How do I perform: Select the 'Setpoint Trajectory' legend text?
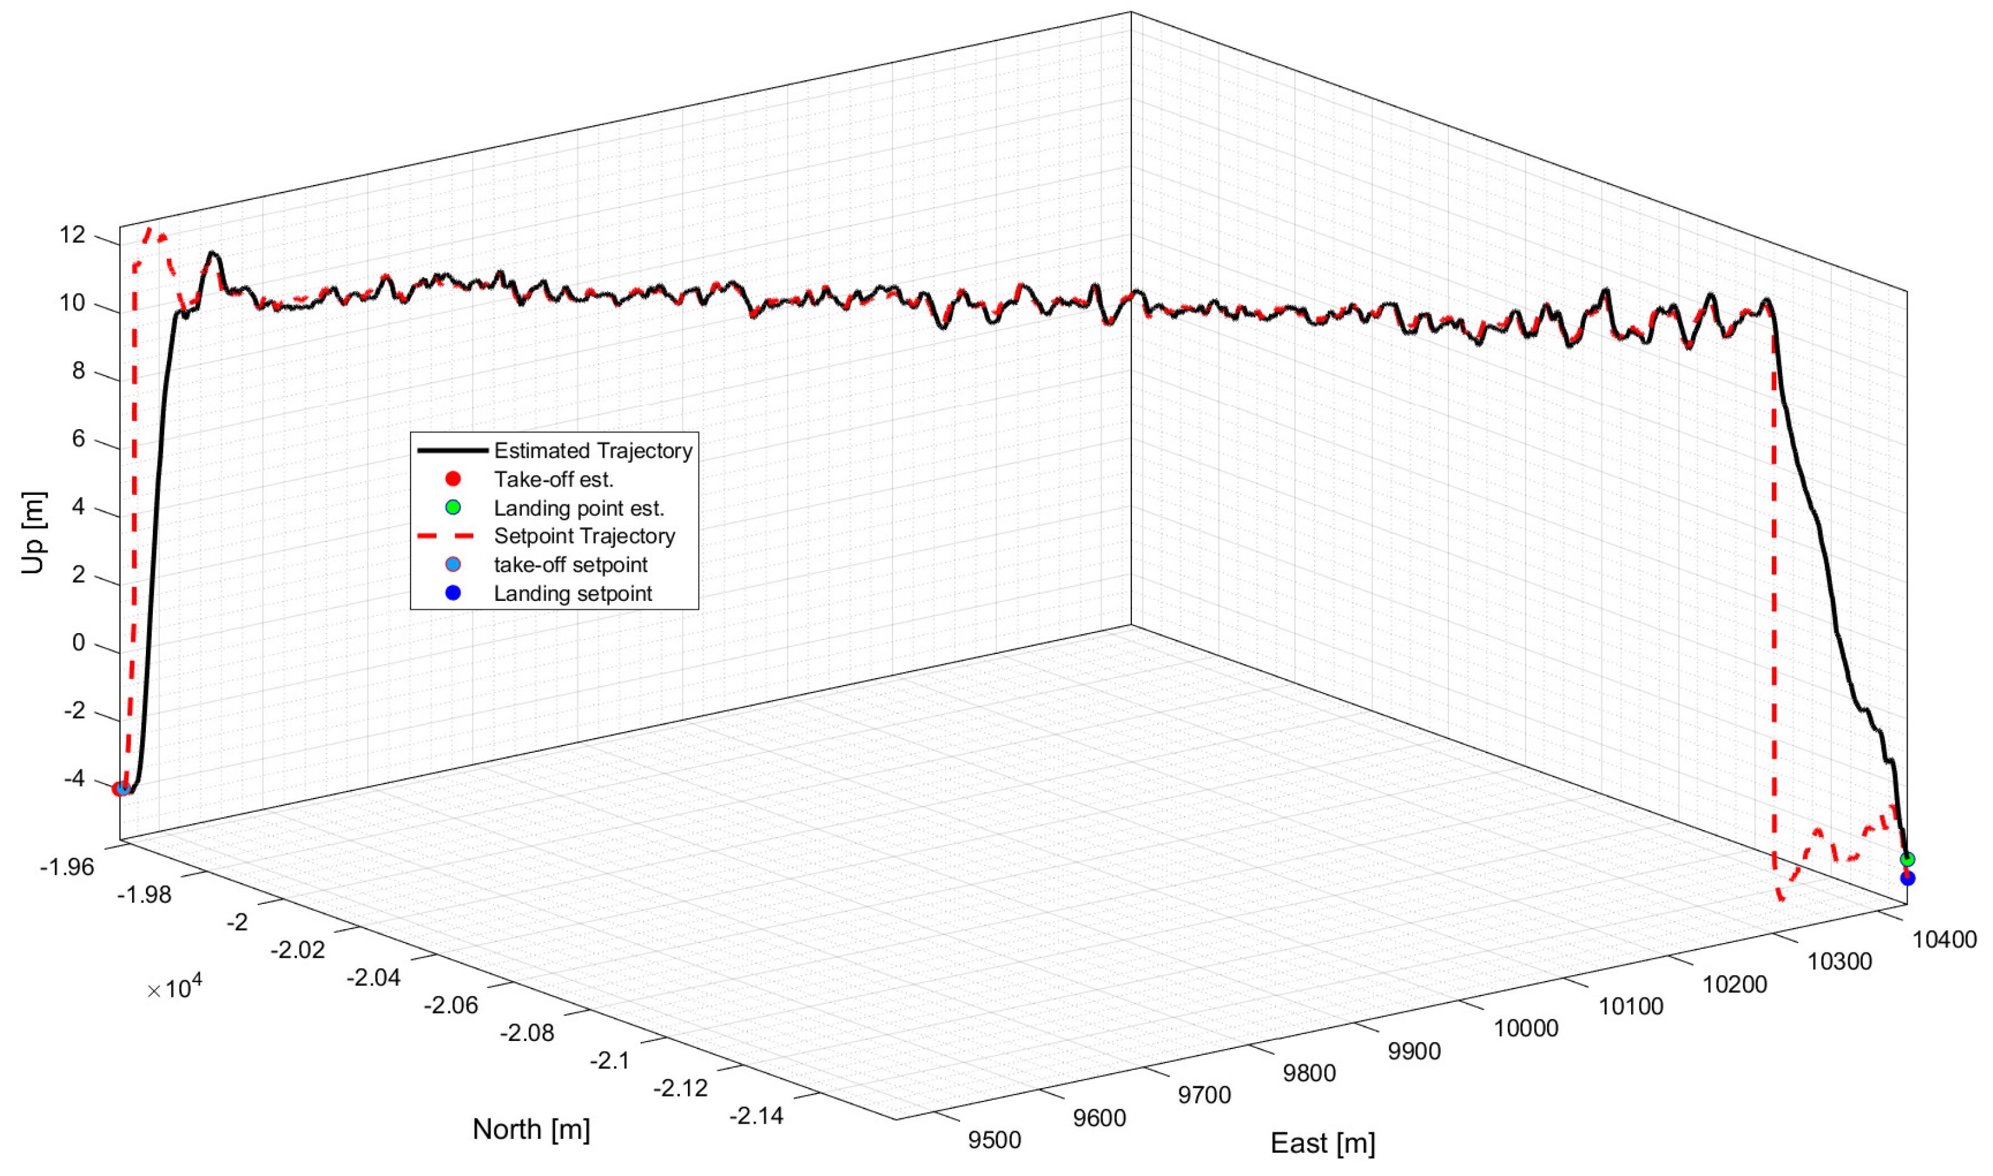click(x=584, y=537)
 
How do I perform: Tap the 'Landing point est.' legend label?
click(x=579, y=508)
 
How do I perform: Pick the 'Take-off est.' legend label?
click(x=553, y=480)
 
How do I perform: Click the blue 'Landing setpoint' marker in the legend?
click(x=453, y=593)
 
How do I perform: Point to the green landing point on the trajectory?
click(x=1907, y=860)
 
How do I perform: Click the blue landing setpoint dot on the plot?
click(x=1907, y=879)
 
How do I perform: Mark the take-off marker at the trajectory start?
click(x=121, y=788)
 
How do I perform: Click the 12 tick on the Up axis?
click(x=72, y=235)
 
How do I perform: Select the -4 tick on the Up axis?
click(x=74, y=778)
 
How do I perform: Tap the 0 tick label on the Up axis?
click(x=78, y=642)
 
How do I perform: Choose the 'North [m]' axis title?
click(x=531, y=1129)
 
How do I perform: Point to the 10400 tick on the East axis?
click(x=1944, y=940)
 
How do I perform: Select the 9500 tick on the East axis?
click(x=994, y=1141)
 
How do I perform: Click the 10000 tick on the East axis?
click(x=1526, y=1028)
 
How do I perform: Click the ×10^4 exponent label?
click(x=174, y=988)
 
